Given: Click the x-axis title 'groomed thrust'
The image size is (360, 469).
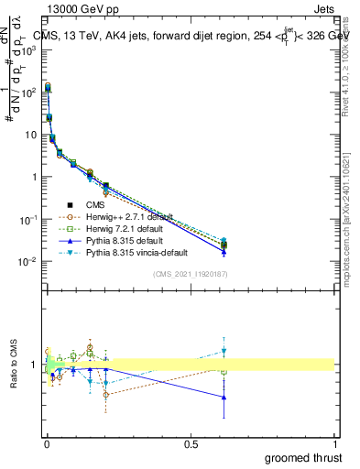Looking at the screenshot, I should click(305, 456).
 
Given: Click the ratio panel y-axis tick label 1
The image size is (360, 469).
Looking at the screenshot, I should click(35, 365).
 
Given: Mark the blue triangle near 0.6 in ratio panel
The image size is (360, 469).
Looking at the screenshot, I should click(224, 397).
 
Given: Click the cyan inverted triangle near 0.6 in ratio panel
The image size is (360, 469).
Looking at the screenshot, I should click(224, 351).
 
